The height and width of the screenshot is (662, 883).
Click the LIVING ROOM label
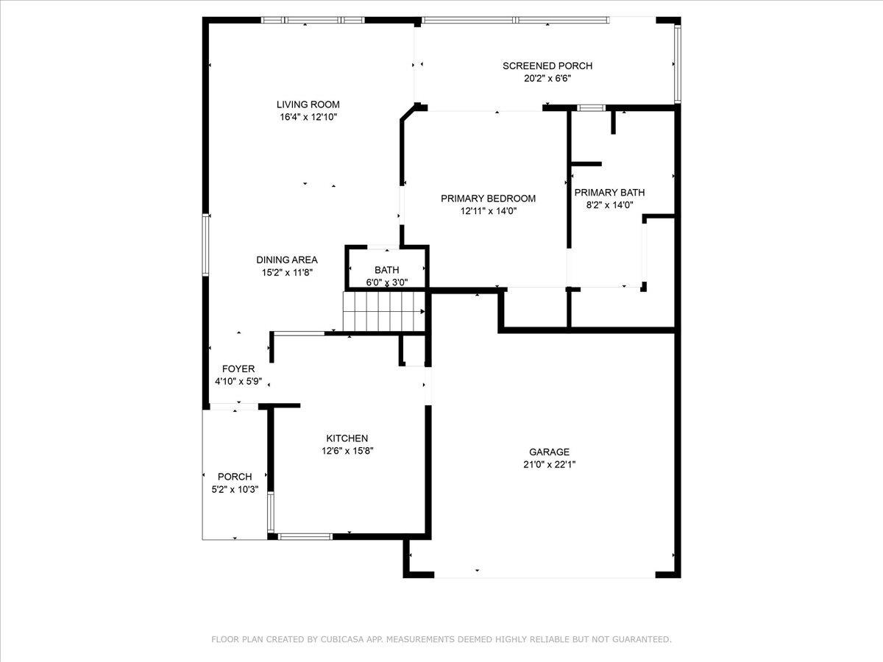[308, 104]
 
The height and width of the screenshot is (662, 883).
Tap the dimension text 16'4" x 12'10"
[308, 117]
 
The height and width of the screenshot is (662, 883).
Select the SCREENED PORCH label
[547, 65]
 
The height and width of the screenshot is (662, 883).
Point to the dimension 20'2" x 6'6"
[547, 78]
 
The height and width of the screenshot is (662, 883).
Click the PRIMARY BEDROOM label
[488, 198]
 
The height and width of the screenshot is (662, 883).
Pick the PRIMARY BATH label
[604, 193]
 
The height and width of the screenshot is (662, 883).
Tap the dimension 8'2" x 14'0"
[604, 205]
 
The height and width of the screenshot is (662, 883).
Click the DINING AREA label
[286, 260]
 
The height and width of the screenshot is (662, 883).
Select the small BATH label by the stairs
[386, 270]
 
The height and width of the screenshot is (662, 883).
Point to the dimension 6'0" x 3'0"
[386, 282]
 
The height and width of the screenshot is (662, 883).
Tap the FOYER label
[238, 369]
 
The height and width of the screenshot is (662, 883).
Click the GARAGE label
[549, 452]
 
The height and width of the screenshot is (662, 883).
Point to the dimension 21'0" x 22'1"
[549, 465]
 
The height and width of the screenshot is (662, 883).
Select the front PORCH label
[235, 477]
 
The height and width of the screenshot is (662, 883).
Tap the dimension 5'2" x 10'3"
[235, 489]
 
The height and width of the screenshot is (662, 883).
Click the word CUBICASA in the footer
[343, 640]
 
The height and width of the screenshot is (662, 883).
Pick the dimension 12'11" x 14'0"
[488, 210]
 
